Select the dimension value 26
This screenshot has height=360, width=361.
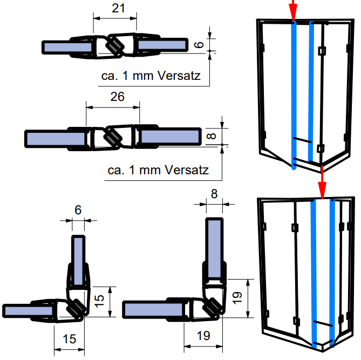pos(117,97)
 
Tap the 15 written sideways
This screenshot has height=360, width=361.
pos(99,301)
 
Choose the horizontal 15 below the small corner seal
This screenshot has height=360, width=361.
pos(69,338)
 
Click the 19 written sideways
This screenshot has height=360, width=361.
pos(236,296)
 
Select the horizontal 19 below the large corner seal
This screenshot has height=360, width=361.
pos(203,336)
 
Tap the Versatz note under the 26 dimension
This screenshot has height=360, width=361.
pos(158,170)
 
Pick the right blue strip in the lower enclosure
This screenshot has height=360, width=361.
pos(332,270)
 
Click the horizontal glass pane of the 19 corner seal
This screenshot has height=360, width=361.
pos(156,310)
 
